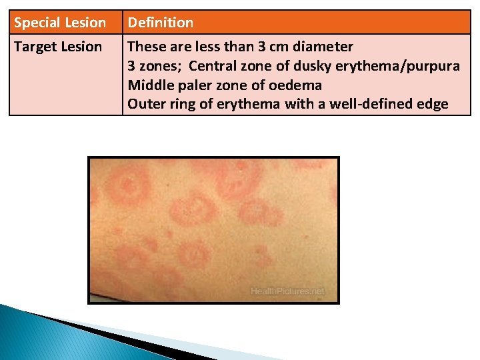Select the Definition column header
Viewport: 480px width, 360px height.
pos(161,23)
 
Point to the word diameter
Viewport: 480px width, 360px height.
pos(323,47)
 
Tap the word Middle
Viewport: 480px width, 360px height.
pos(147,86)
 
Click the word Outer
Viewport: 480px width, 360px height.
pos(145,105)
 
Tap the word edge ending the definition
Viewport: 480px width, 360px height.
pos(434,105)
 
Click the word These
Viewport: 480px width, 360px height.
pos(145,47)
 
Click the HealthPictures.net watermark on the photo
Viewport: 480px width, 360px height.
pos(287,291)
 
